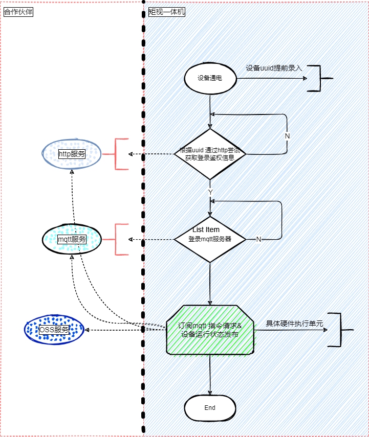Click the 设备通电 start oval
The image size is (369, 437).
(x=210, y=79)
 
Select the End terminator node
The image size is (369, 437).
(x=210, y=408)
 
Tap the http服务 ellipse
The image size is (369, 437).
(x=71, y=153)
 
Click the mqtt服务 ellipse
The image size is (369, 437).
(x=71, y=239)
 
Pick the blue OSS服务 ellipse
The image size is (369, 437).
(x=54, y=330)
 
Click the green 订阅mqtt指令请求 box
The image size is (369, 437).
(x=210, y=330)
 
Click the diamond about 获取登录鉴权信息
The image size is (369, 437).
(x=210, y=154)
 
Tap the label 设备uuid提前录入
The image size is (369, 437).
(x=274, y=68)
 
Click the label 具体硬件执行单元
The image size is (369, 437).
(x=294, y=324)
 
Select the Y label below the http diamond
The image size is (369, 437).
(x=210, y=191)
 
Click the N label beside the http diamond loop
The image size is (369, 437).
(x=287, y=136)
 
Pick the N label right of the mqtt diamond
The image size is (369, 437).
(x=258, y=239)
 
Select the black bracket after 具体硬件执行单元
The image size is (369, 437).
(x=338, y=330)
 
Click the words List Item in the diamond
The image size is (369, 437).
(x=206, y=229)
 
